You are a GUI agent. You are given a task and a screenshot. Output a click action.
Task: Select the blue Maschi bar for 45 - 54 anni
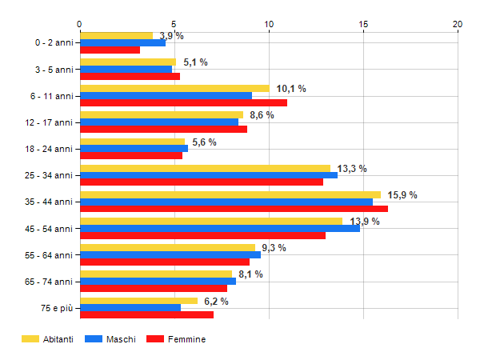(220, 228)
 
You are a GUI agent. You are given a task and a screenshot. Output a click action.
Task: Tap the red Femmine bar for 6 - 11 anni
(183, 102)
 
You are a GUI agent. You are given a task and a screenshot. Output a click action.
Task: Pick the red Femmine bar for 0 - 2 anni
(110, 50)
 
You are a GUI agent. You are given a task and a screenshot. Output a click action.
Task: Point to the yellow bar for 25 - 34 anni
(205, 168)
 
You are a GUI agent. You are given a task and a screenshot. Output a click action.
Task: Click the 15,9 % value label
(402, 195)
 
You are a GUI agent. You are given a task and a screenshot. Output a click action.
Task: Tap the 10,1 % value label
(291, 89)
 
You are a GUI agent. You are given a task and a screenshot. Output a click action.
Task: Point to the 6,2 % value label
(216, 301)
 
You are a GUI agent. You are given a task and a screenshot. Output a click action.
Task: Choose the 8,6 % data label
(262, 115)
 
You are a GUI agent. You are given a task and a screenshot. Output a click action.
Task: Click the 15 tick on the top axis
(363, 25)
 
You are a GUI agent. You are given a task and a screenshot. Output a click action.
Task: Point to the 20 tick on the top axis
(458, 25)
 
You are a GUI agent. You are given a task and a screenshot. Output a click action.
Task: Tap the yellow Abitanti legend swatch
(30, 339)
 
